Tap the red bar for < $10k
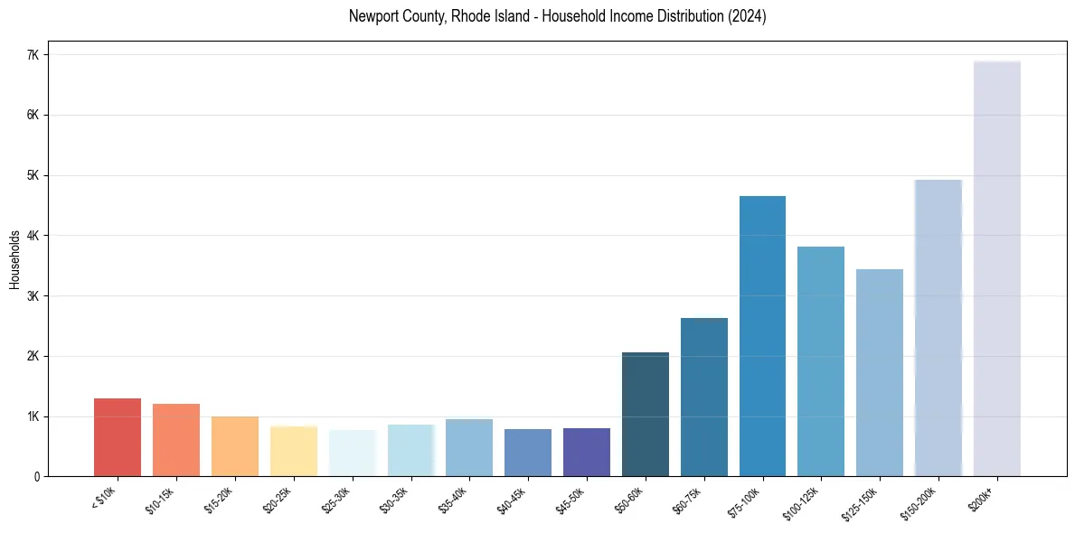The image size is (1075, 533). [118, 437]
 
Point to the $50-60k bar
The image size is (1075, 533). [646, 415]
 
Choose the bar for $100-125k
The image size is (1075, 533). [821, 361]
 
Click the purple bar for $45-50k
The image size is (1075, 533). [587, 453]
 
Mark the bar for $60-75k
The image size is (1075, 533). [703, 397]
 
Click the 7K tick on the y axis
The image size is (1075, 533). [33, 55]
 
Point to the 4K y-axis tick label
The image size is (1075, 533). [33, 236]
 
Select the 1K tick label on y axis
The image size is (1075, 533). [33, 416]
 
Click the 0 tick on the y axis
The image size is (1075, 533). [37, 476]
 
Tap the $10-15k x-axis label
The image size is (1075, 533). [161, 499]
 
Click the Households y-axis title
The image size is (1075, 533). [14, 258]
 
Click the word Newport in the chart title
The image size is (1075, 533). [372, 16]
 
